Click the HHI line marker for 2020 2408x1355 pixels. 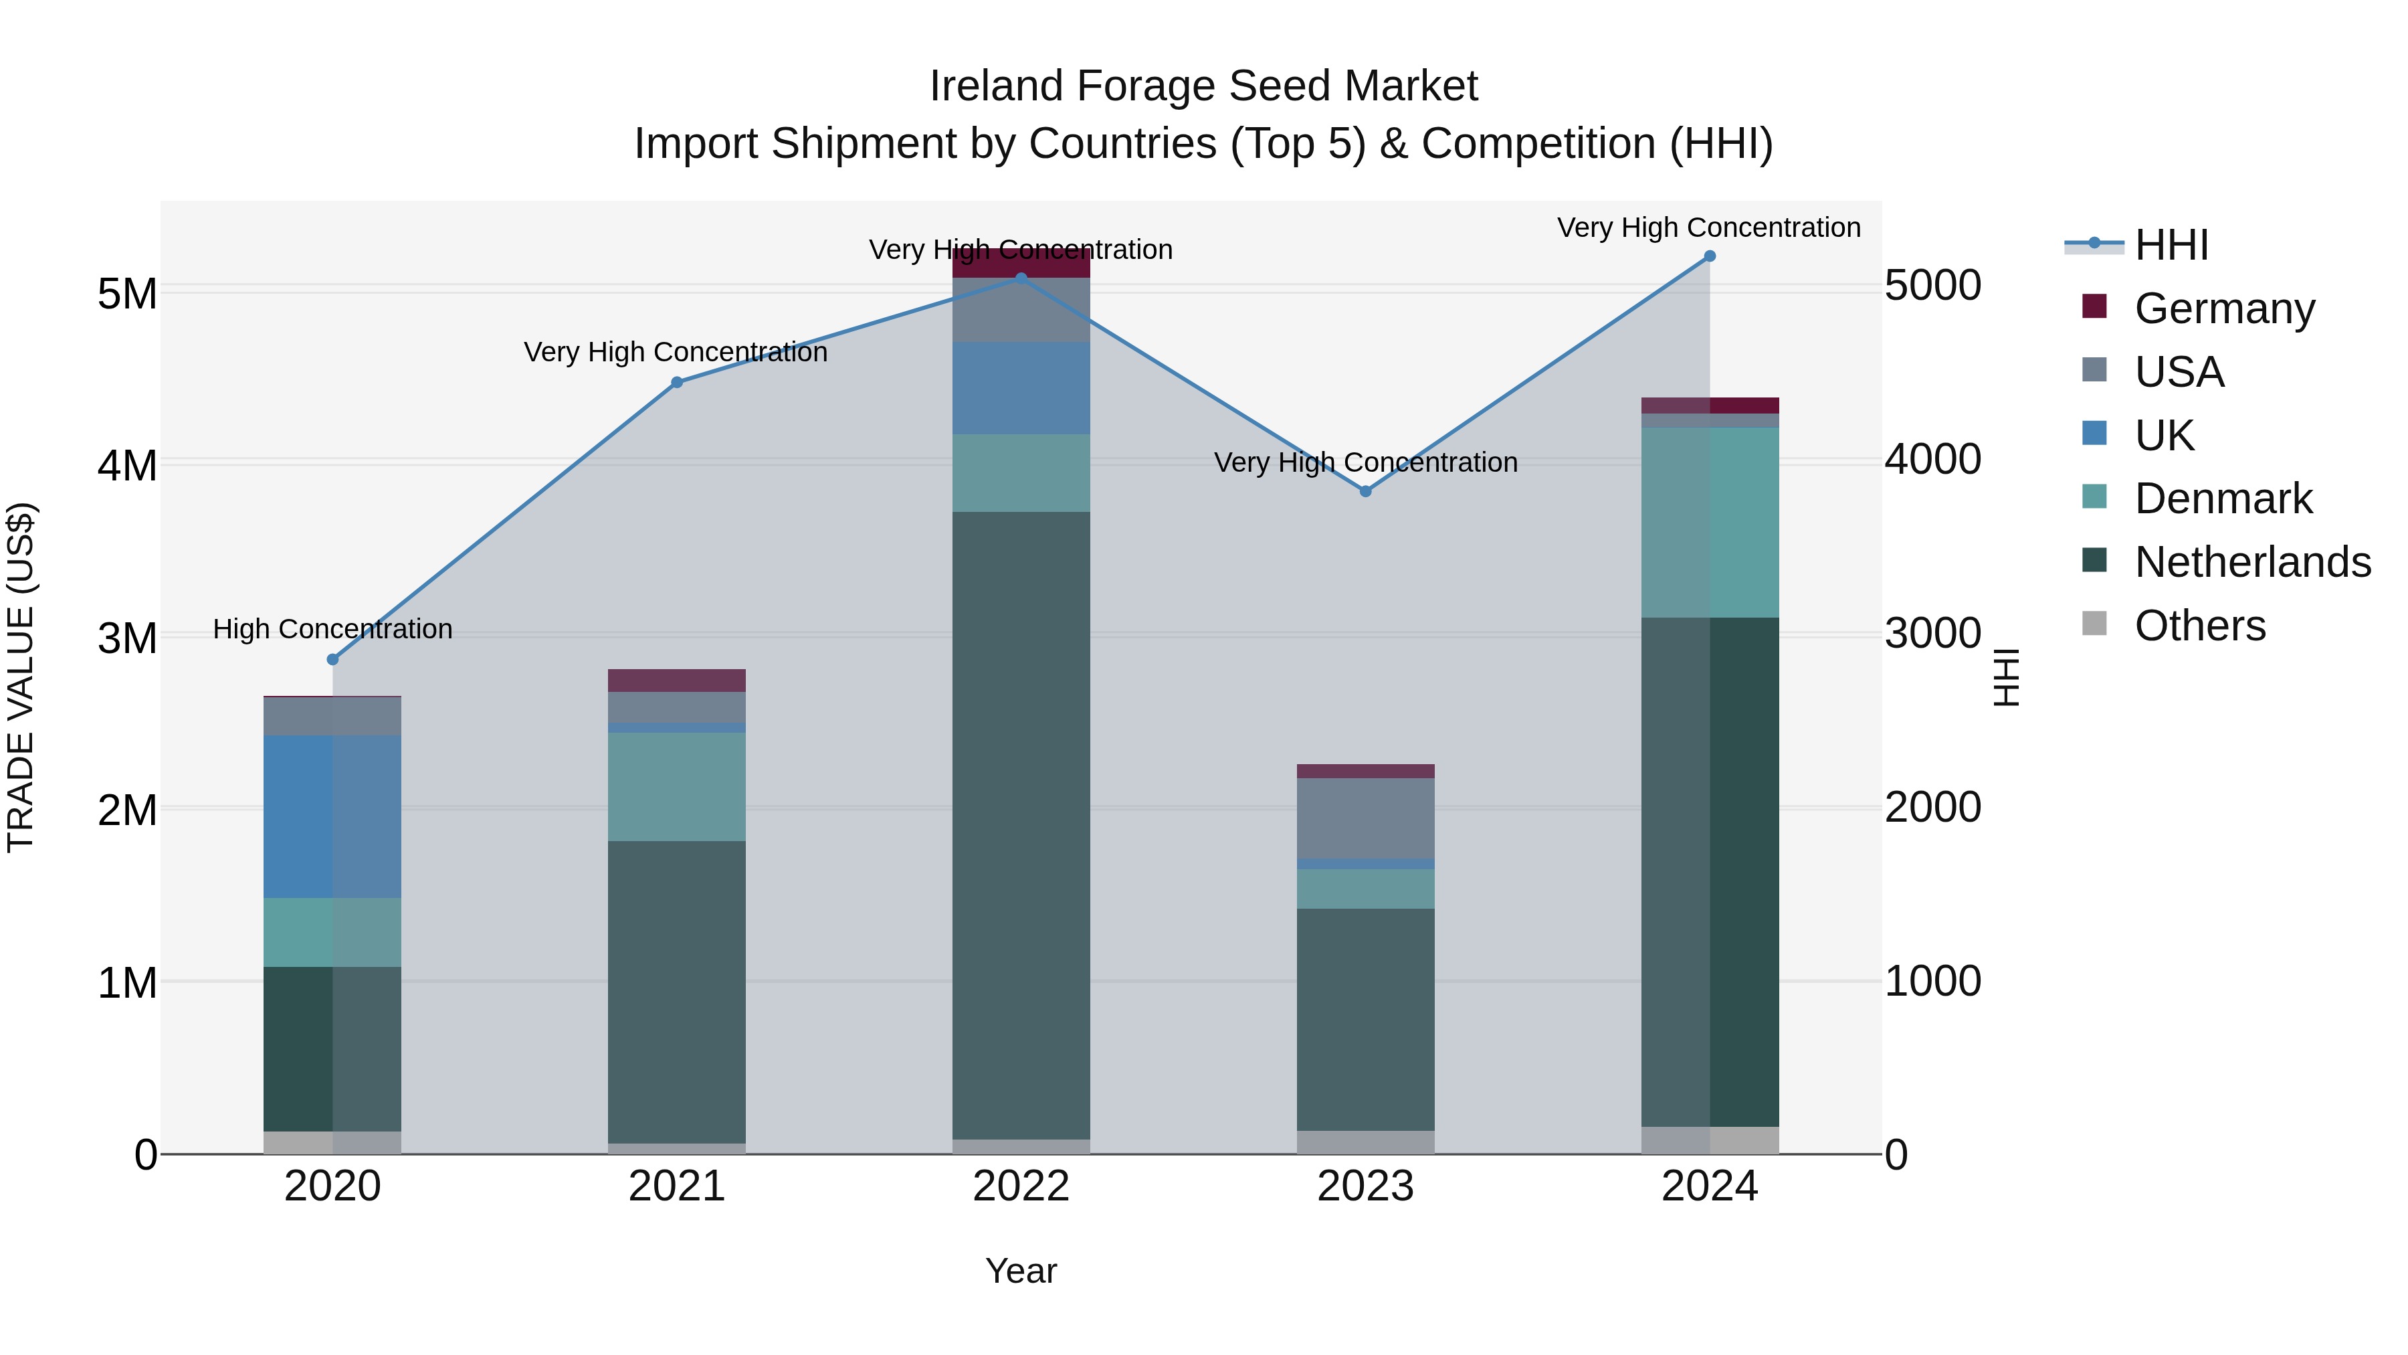coord(333,659)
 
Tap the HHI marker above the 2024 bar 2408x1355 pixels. coord(1710,256)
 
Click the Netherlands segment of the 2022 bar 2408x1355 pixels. coord(1021,823)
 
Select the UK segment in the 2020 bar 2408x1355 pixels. coord(333,816)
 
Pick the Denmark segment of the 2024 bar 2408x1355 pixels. coord(1710,522)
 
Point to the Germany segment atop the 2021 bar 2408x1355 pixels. coord(677,680)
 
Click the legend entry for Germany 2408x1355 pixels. coord(2225,308)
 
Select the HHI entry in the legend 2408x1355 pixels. coord(2171,245)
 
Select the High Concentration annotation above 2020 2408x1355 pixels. coord(333,630)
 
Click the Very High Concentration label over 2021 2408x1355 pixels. coord(676,353)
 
